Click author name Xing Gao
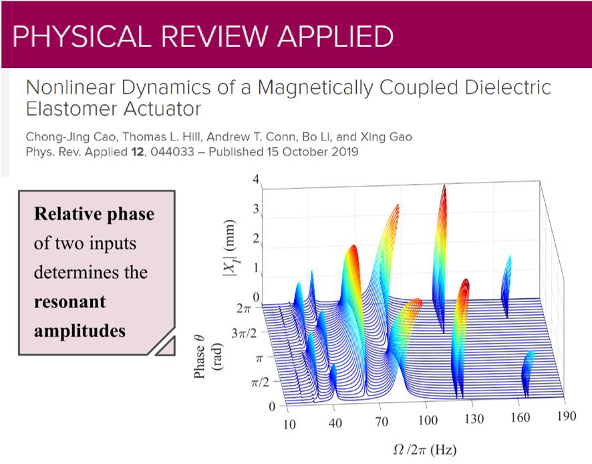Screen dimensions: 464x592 tap(389, 137)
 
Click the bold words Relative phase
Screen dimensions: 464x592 tap(94, 214)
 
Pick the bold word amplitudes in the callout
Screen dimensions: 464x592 tap(80, 331)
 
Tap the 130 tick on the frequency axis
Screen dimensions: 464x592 tap(474, 419)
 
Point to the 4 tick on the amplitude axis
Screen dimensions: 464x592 tap(255, 180)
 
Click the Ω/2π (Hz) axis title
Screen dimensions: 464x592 tap(425, 449)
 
